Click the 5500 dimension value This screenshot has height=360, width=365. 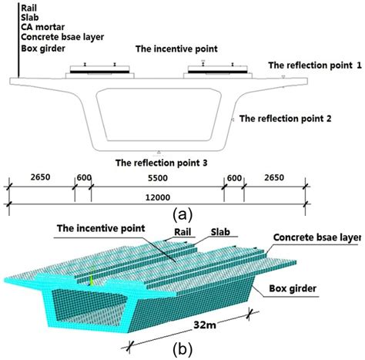158,177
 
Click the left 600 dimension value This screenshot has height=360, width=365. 82,177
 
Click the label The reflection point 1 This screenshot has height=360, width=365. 314,66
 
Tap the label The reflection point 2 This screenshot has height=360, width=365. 286,119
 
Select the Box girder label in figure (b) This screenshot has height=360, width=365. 305,291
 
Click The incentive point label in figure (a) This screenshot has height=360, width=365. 176,48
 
